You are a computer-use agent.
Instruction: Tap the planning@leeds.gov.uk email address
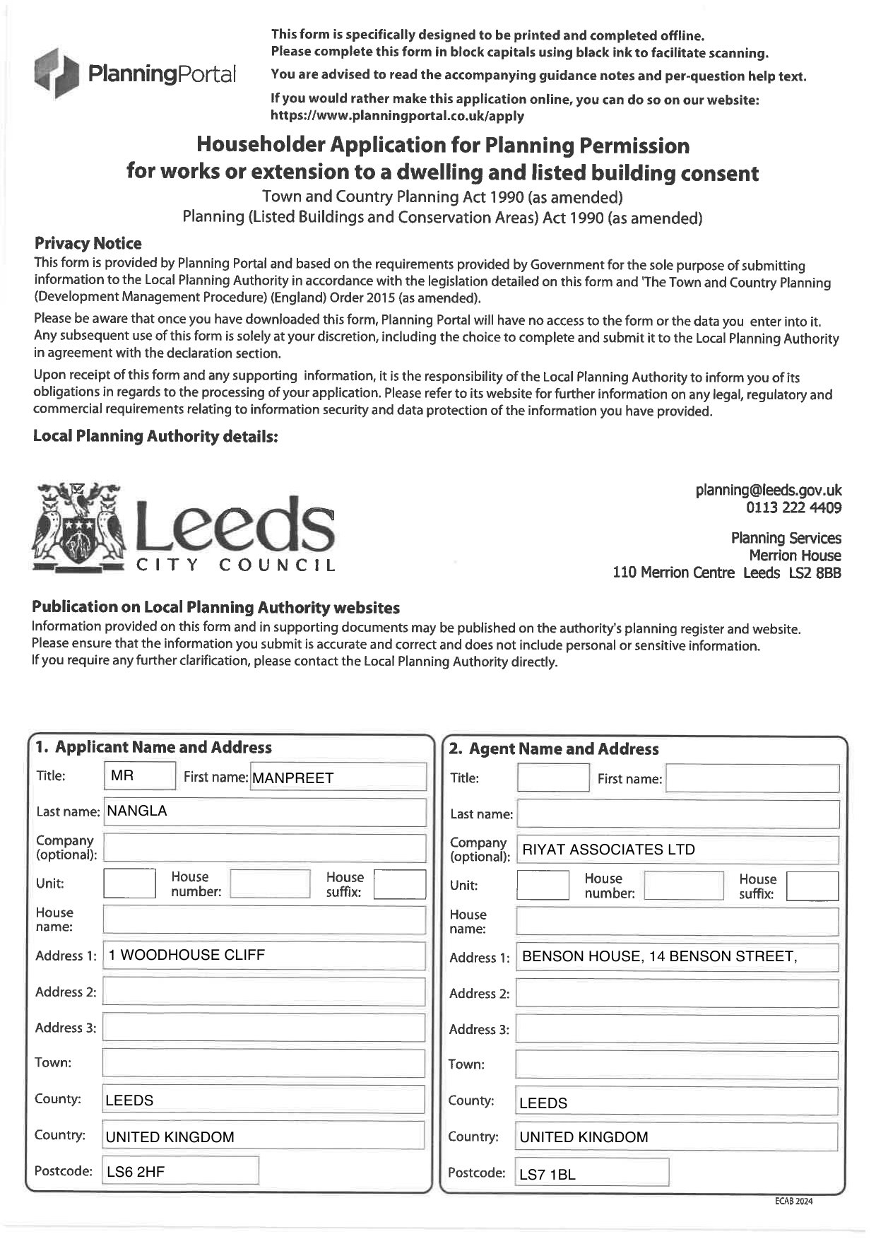coord(768,491)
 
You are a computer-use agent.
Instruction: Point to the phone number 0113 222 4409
coord(793,507)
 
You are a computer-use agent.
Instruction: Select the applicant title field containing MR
coord(139,776)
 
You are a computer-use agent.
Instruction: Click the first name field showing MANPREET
coord(338,777)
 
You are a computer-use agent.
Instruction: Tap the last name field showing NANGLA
coord(264,811)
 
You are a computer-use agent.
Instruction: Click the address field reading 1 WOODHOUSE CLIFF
coord(264,955)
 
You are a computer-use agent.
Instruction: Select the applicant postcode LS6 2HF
coord(180,1171)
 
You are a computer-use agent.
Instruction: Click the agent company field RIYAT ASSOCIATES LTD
coord(677,850)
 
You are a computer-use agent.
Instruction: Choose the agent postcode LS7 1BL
coord(591,1174)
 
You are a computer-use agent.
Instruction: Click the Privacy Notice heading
coord(88,244)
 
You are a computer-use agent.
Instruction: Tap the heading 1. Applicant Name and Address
coord(153,747)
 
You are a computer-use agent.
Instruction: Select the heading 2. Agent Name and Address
coord(553,749)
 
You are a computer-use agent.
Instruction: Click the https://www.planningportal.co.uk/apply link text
coord(397,116)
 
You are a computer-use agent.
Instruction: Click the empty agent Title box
coord(552,778)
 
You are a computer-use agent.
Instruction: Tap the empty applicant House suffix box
coord(399,883)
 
